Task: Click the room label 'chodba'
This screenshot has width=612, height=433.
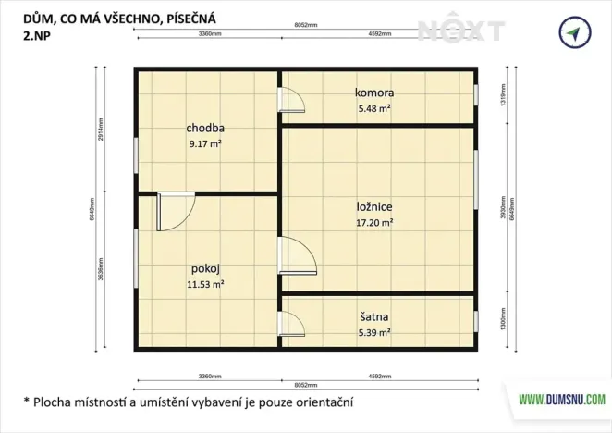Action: click(205, 128)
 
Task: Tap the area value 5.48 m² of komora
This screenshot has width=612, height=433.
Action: click(374, 108)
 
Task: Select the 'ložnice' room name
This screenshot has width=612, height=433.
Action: click(374, 207)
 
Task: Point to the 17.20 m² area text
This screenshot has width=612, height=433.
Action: click(374, 223)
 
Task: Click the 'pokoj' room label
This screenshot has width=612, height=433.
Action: click(205, 269)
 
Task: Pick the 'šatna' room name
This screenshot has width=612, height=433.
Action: click(374, 315)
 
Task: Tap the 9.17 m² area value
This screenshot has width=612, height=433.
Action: click(205, 143)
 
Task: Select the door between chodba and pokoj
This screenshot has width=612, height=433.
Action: click(175, 212)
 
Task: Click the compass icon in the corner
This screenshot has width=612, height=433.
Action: click(574, 32)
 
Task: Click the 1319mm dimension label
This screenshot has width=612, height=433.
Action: click(503, 95)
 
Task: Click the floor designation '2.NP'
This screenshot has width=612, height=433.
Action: click(39, 36)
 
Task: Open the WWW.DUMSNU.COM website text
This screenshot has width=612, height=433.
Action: click(562, 401)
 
